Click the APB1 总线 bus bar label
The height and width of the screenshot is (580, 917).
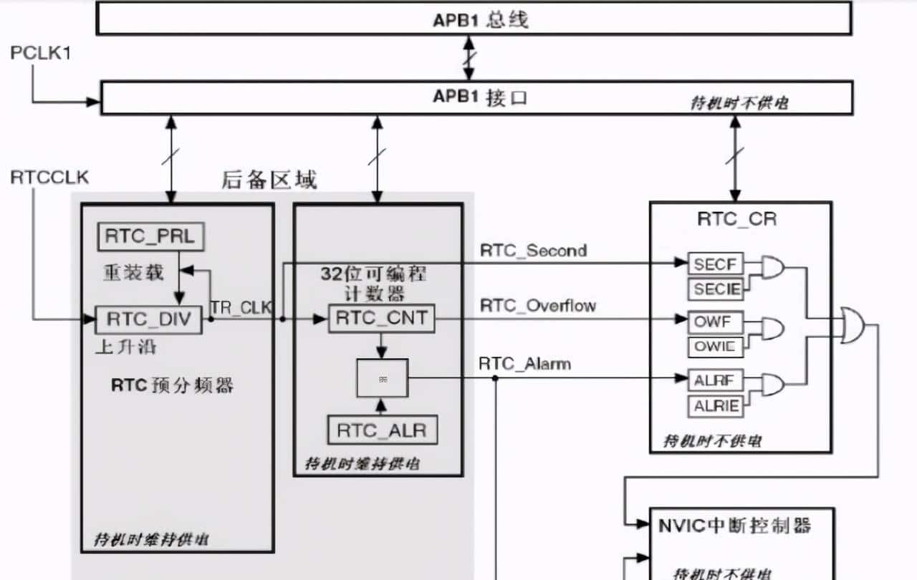[x=480, y=19]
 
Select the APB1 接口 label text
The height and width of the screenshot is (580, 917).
[x=480, y=97]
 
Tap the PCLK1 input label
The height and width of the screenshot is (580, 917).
[x=40, y=53]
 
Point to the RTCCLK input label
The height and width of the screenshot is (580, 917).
[x=49, y=178]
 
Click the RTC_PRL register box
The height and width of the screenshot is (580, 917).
[x=149, y=237]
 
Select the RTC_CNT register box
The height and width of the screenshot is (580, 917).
[x=381, y=318]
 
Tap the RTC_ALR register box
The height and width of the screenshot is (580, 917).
[x=381, y=430]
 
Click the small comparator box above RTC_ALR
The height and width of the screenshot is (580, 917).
[x=382, y=377]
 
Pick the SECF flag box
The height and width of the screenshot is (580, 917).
[x=715, y=264]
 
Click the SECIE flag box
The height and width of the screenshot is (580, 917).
[x=715, y=289]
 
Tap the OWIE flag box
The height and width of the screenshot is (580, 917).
[x=715, y=347]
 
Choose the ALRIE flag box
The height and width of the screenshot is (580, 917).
[x=715, y=406]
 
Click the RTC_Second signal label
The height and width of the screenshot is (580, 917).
[x=533, y=251]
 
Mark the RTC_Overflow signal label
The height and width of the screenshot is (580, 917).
[x=537, y=306]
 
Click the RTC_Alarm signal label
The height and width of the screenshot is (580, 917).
[x=524, y=364]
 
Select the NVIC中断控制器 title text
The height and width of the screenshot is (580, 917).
[x=734, y=526]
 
